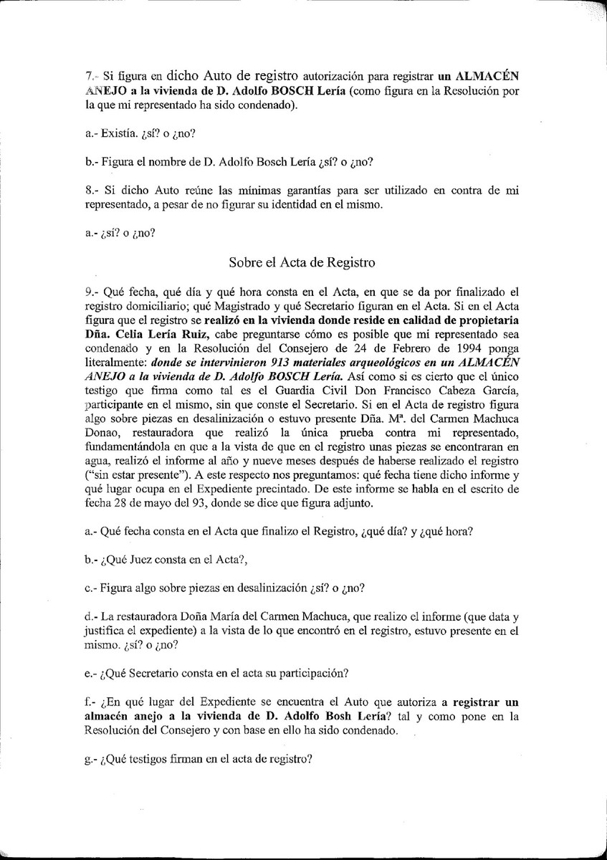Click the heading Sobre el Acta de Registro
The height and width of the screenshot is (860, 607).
click(302, 262)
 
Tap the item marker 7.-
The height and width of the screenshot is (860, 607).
click(91, 75)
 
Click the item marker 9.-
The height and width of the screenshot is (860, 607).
click(91, 292)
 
